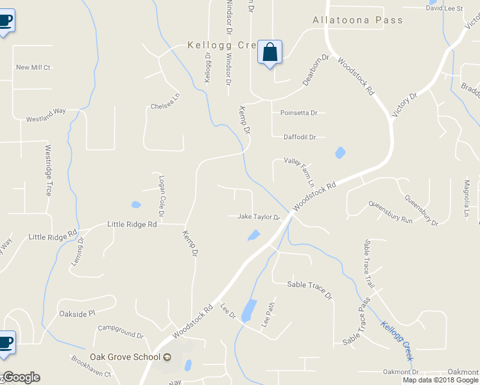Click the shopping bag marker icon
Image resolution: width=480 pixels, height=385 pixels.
270,52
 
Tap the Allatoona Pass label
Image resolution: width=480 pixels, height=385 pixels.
357,20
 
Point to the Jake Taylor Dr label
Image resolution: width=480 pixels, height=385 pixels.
259,217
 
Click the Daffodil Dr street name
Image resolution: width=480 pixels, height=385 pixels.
300,137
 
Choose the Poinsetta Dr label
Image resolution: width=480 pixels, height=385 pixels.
299,113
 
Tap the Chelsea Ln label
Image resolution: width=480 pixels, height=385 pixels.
166,106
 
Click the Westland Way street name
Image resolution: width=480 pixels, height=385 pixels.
46,115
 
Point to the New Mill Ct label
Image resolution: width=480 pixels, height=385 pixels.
33,67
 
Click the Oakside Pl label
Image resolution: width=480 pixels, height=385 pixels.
77,313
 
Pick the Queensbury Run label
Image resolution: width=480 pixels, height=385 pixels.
390,211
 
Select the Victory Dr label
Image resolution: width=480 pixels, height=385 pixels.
404,104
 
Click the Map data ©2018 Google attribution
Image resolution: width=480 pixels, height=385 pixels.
440,380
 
